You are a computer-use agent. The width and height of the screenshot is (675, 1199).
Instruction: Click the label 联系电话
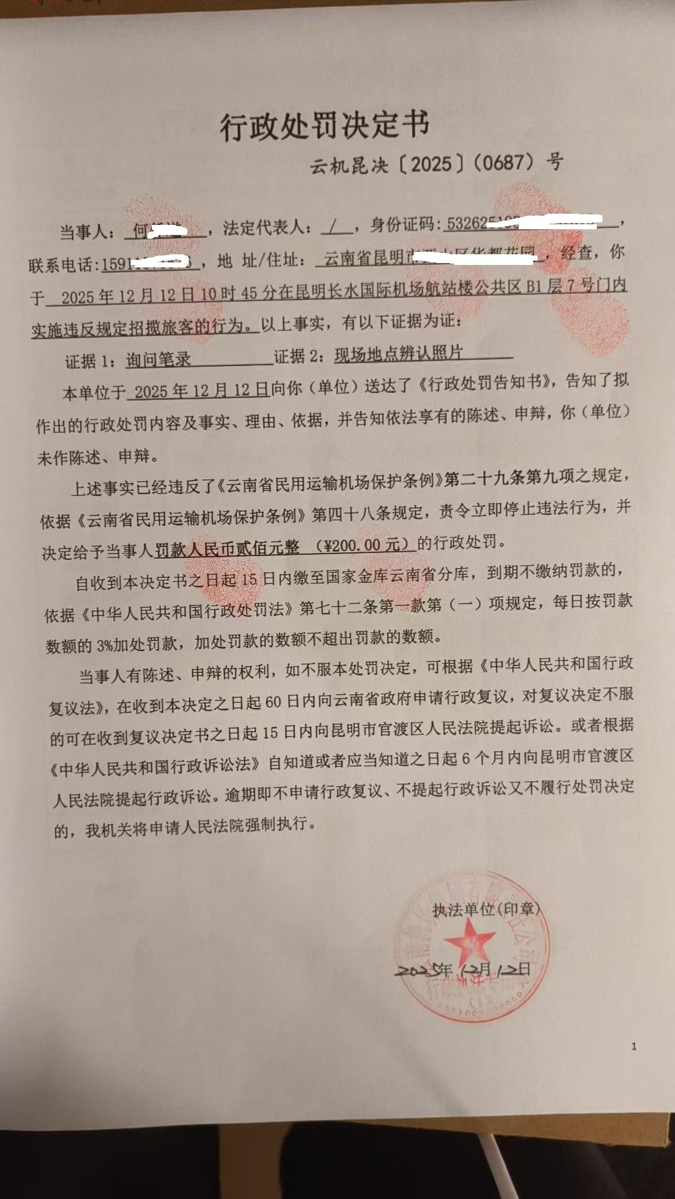(63, 266)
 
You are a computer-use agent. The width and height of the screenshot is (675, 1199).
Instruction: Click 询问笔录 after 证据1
(158, 359)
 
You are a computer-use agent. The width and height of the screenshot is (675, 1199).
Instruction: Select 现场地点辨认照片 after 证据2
(398, 354)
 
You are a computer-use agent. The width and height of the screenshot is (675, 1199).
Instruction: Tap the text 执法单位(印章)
(486, 909)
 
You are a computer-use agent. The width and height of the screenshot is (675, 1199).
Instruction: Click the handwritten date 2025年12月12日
(462, 970)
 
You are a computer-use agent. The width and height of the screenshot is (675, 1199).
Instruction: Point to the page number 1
(634, 1046)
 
